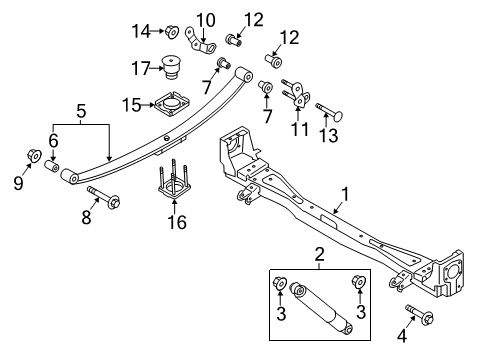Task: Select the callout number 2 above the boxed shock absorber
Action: pyautogui.click(x=320, y=255)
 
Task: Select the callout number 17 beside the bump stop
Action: pyautogui.click(x=141, y=69)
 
